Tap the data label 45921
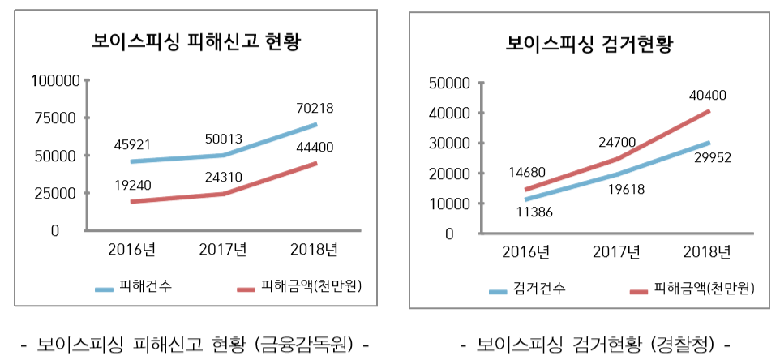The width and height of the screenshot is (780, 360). point(133,145)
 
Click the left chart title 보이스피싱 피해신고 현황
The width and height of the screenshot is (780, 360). point(195,41)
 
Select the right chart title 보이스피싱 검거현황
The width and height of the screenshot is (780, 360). point(589,42)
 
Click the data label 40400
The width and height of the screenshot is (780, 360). point(708,95)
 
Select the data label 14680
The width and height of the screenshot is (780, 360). point(527,172)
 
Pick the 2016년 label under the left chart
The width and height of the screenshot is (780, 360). point(132,248)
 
